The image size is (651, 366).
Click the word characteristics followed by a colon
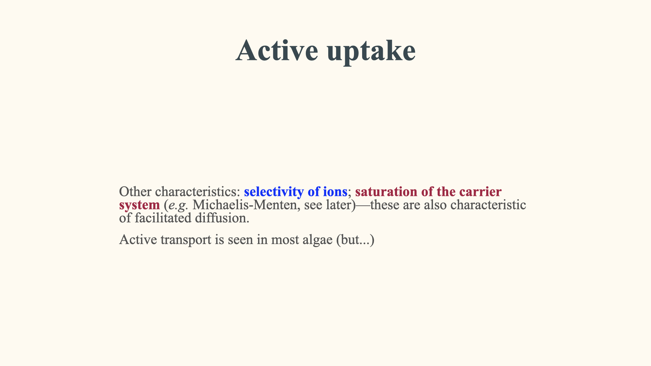197,191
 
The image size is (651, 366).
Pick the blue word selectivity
274,192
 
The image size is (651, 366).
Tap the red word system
139,205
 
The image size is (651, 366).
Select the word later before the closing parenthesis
338,205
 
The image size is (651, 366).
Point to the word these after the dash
384,205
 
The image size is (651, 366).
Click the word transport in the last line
186,240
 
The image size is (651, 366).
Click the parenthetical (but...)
355,240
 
